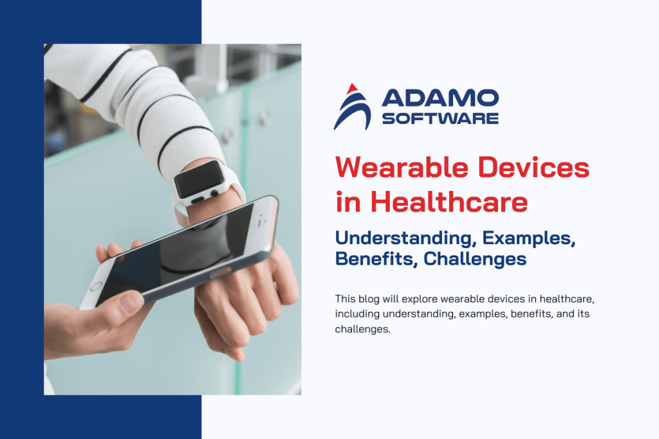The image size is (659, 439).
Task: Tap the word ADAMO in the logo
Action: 440,98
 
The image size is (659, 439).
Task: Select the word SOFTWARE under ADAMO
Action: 440,118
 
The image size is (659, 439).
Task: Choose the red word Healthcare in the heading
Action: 450,202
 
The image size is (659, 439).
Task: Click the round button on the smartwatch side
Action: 212,193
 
